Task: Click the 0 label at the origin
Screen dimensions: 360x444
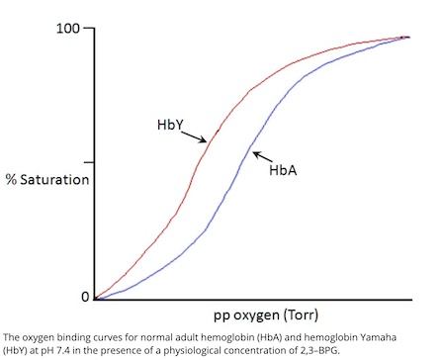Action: point(84,297)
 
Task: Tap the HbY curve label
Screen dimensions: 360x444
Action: point(170,125)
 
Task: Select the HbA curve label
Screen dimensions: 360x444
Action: point(284,170)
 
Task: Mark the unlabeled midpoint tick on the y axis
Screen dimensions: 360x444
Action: point(89,161)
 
